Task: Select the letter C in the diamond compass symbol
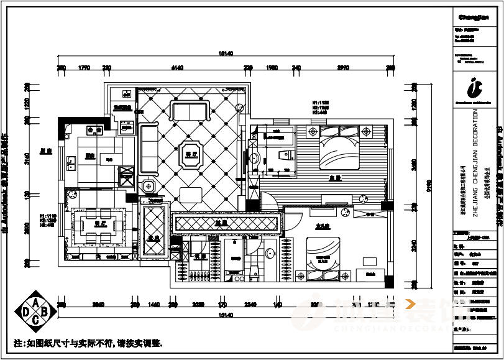[x=36, y=320]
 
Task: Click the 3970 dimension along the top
[x=343, y=67]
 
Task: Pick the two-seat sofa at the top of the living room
[x=189, y=111]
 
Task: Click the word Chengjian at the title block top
[x=475, y=17]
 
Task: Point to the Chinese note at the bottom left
[x=88, y=343]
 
